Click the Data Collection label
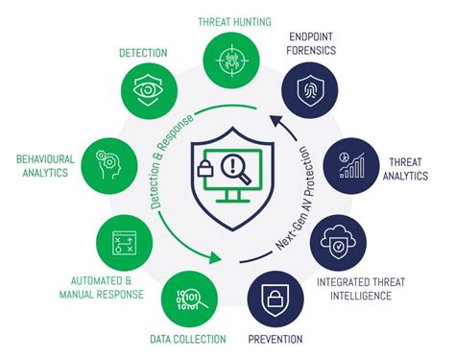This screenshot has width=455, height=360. pos(187,339)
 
